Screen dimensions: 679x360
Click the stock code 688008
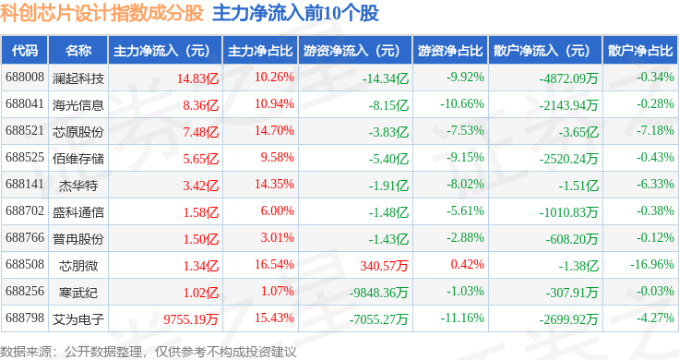coord(25,78)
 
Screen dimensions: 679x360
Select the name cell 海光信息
coord(78,105)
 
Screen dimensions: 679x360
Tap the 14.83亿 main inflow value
coord(198,78)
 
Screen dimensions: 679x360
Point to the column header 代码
coord(25,51)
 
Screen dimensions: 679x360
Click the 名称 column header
coord(78,51)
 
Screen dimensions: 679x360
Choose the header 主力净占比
coord(260,51)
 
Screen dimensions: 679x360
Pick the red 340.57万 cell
coord(384,266)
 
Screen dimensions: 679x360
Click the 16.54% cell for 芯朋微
coord(274,264)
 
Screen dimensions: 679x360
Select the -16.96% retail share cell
coord(652,264)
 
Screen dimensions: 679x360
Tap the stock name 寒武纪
coord(78,293)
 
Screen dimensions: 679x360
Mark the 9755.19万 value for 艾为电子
coord(191,319)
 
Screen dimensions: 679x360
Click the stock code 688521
coord(25,131)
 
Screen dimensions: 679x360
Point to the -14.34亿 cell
coord(386,78)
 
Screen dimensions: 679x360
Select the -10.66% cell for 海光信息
coord(462,104)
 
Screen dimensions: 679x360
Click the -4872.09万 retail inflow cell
coord(568,78)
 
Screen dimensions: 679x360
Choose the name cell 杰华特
coord(78,186)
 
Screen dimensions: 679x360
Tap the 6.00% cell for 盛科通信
coord(277,211)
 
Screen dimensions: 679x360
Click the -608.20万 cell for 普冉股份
coord(572,239)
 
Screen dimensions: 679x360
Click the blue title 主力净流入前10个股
coord(296,13)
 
